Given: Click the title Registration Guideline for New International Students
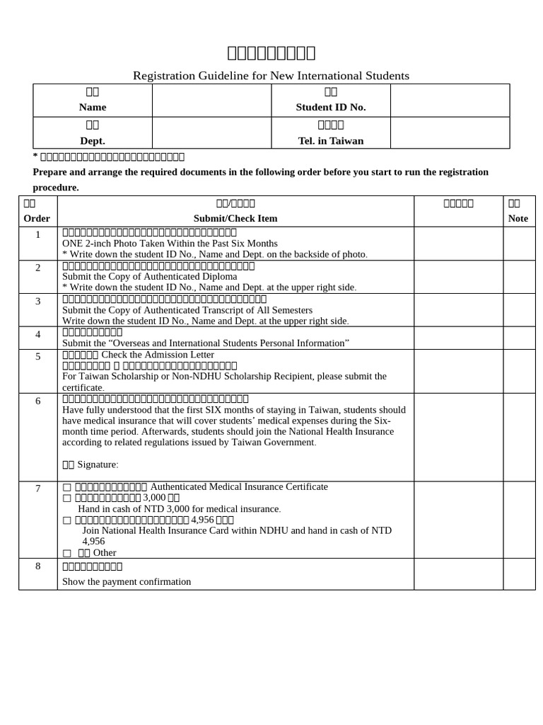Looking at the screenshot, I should point(271,76).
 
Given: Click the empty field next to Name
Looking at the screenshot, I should point(211,100).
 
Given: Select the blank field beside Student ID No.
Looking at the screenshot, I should point(450,100).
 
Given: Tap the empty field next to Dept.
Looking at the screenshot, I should point(211,132).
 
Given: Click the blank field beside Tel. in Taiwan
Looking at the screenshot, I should point(450,132).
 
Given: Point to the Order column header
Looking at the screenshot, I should point(37,218).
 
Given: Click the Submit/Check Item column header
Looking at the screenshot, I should point(235,218).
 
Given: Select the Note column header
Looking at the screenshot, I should point(518,218).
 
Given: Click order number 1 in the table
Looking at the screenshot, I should point(37,234).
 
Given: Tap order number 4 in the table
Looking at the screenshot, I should point(37,334).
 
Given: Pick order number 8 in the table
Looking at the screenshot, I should point(37,566).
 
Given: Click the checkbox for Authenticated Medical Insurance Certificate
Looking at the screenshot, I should point(66,487).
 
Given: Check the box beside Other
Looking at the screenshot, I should point(66,553).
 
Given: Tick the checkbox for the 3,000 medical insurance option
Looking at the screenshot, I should point(66,498).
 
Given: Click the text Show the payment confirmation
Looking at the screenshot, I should point(127,581).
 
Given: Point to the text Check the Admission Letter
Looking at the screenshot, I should point(158,354).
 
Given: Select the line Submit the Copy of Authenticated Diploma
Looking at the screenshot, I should point(150,276).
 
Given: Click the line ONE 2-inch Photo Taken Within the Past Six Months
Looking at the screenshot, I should point(170,243).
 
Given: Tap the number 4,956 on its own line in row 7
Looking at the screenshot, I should point(93,542).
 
